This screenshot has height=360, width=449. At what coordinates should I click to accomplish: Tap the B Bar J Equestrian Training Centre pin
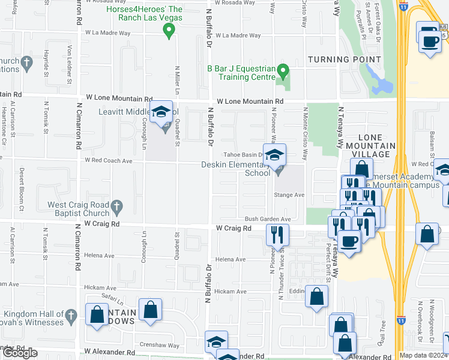point(285,73)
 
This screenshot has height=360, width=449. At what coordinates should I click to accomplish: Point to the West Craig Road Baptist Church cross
point(118,206)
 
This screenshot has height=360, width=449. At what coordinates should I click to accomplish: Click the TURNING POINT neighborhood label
point(344,59)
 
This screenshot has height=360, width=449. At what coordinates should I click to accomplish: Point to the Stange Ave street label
point(289,195)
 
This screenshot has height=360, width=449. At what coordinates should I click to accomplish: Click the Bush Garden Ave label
point(267,219)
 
